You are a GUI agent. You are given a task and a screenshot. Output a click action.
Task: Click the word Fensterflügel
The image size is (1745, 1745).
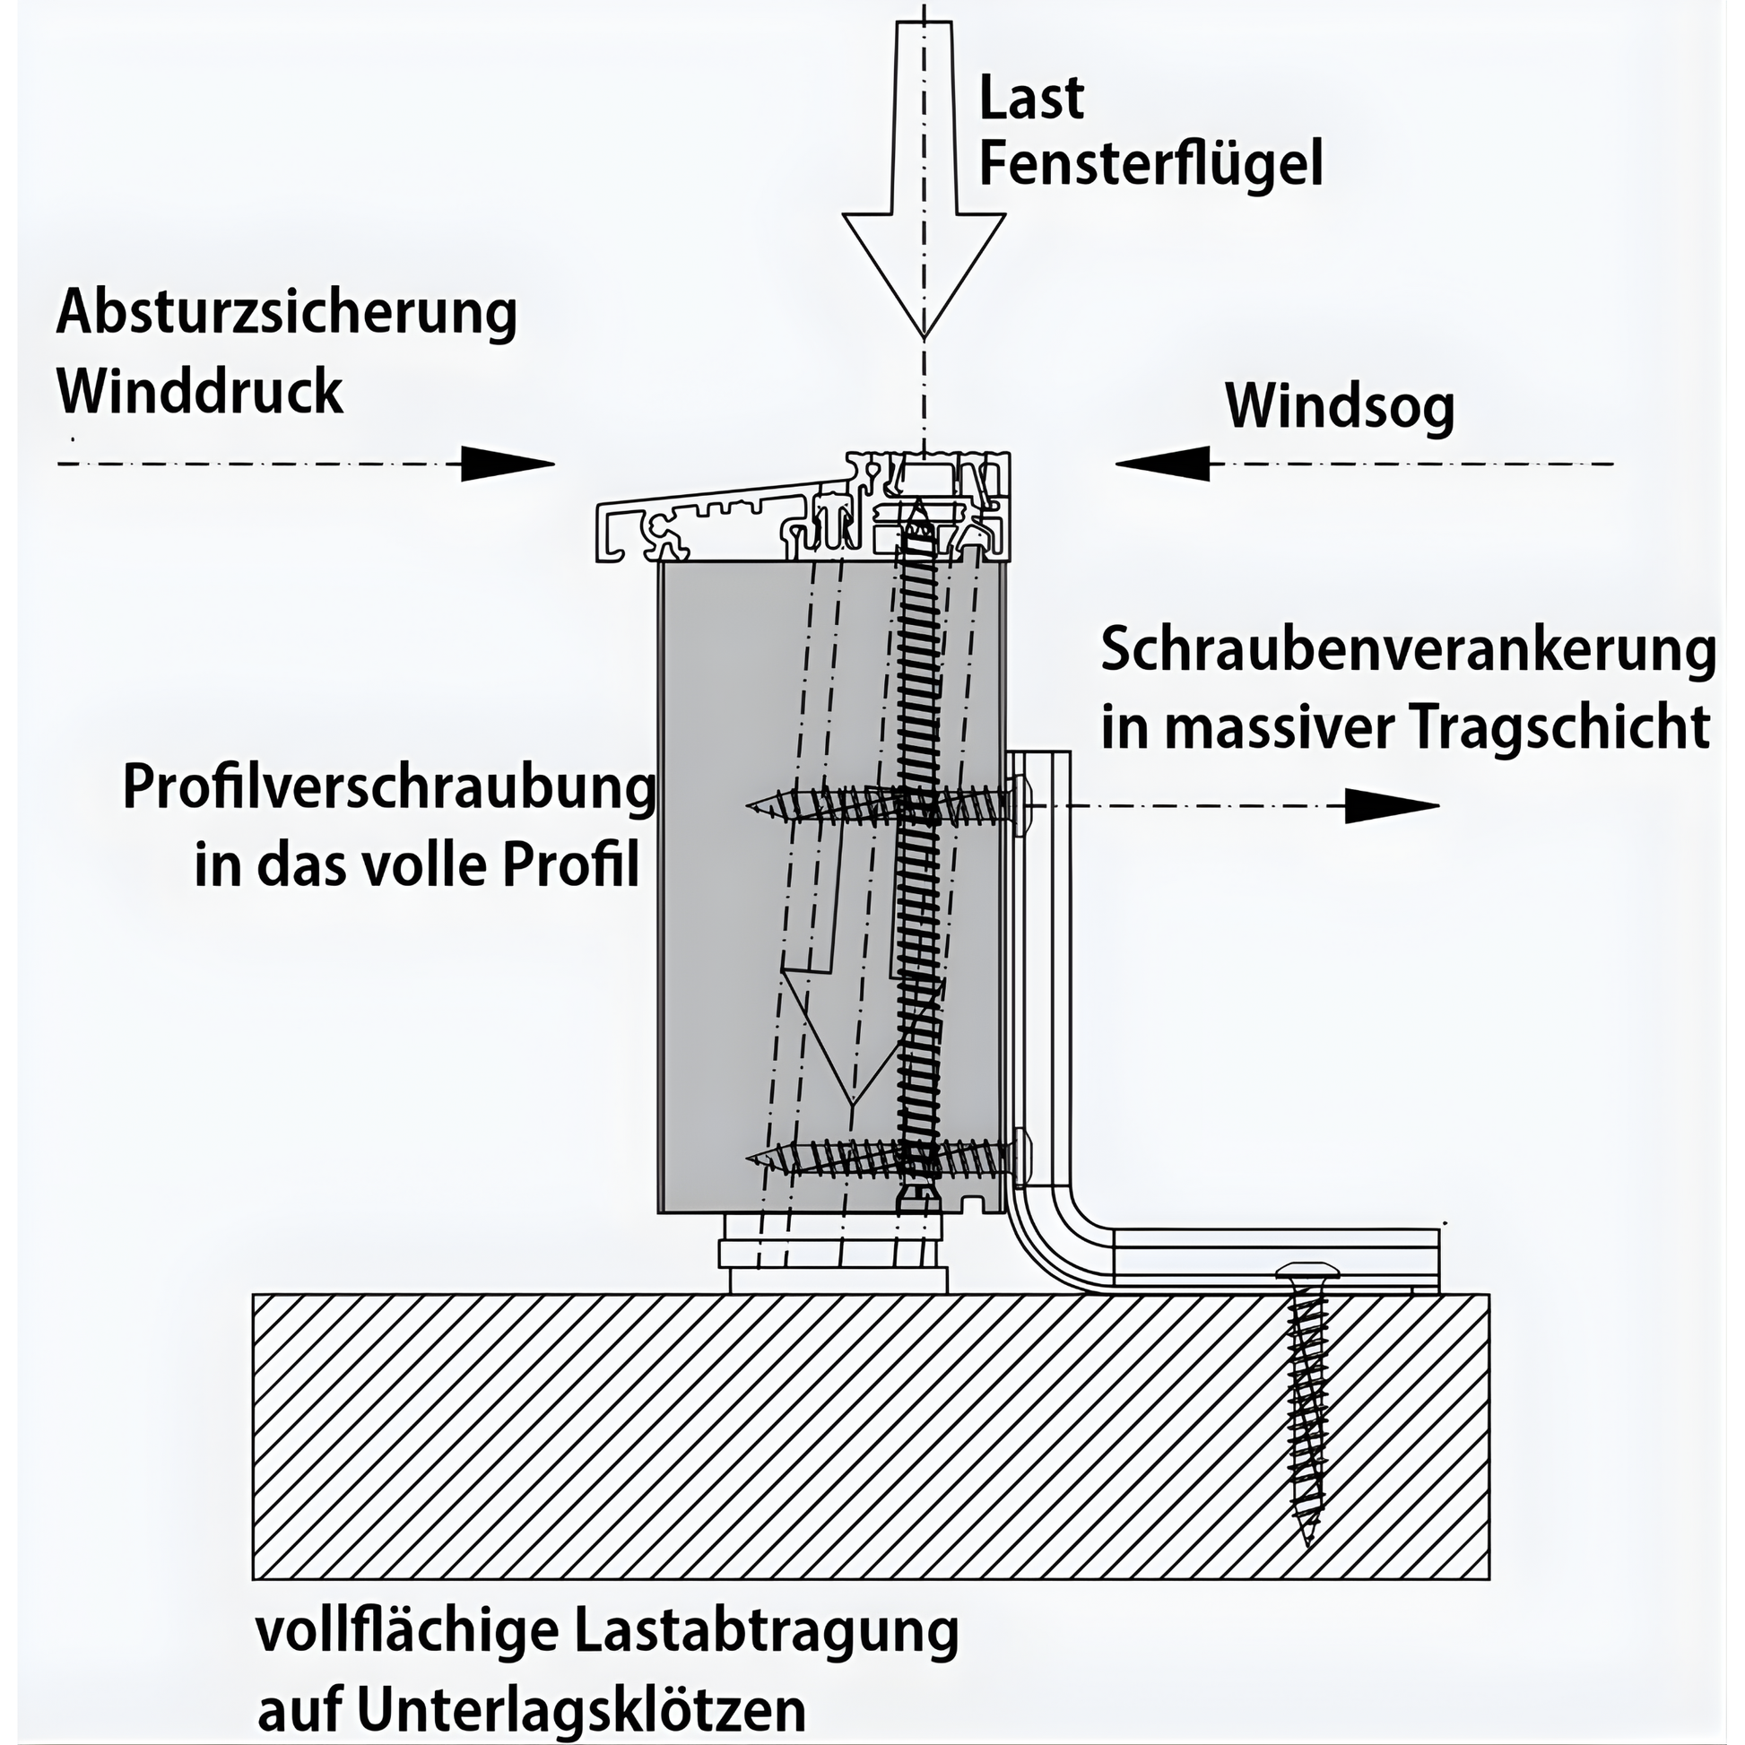(x=1151, y=163)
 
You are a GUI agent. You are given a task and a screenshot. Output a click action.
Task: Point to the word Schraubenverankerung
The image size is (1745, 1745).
(x=1408, y=651)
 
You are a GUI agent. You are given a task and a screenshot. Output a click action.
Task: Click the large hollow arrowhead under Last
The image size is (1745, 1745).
(x=924, y=271)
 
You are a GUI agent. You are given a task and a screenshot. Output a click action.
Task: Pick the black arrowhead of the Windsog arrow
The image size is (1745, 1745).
(x=1162, y=464)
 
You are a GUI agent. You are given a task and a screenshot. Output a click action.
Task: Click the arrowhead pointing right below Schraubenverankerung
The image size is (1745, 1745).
(x=1392, y=805)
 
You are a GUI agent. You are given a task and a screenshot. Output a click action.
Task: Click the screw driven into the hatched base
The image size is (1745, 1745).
(x=1306, y=1403)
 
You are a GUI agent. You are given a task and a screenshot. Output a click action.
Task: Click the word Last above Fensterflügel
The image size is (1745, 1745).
(x=1031, y=98)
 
